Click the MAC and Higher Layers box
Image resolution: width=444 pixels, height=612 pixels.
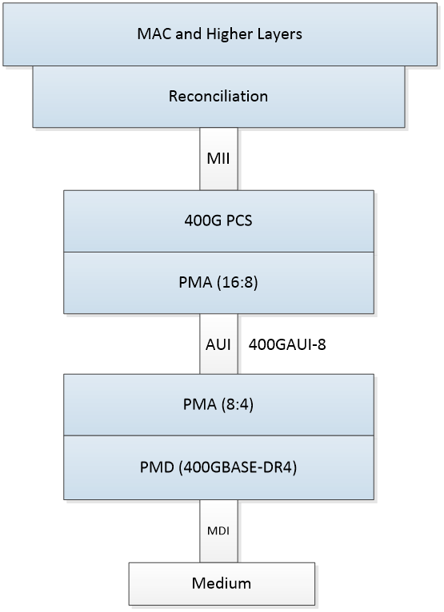pos(218,34)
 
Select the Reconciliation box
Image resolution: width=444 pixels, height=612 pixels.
pos(218,97)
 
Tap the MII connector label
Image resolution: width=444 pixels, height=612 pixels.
pos(218,158)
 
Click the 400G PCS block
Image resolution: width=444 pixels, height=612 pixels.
pos(218,221)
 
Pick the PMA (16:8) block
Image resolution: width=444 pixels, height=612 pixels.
pos(218,282)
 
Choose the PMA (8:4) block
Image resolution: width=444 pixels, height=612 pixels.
pos(218,406)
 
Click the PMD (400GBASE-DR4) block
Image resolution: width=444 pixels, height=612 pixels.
pos(218,467)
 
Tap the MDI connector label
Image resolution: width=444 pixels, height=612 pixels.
pos(218,530)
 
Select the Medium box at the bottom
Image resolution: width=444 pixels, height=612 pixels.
pos(222,583)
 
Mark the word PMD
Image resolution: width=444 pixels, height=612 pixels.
pos(155,467)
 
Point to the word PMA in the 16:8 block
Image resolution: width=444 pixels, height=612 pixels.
pos(195,282)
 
